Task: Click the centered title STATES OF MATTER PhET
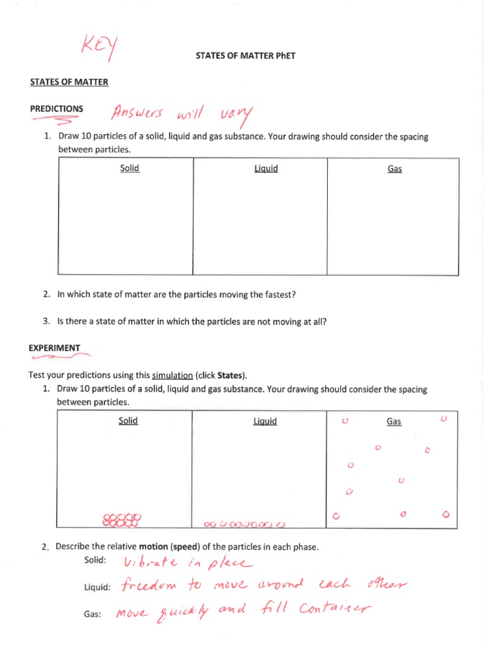click(246, 55)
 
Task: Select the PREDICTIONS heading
click(57, 108)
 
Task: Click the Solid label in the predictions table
click(130, 168)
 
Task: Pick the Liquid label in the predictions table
click(266, 169)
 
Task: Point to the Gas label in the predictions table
click(395, 169)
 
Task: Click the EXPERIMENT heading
click(55, 348)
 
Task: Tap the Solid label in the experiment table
click(128, 421)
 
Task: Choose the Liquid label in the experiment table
click(265, 421)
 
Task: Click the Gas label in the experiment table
click(394, 421)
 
